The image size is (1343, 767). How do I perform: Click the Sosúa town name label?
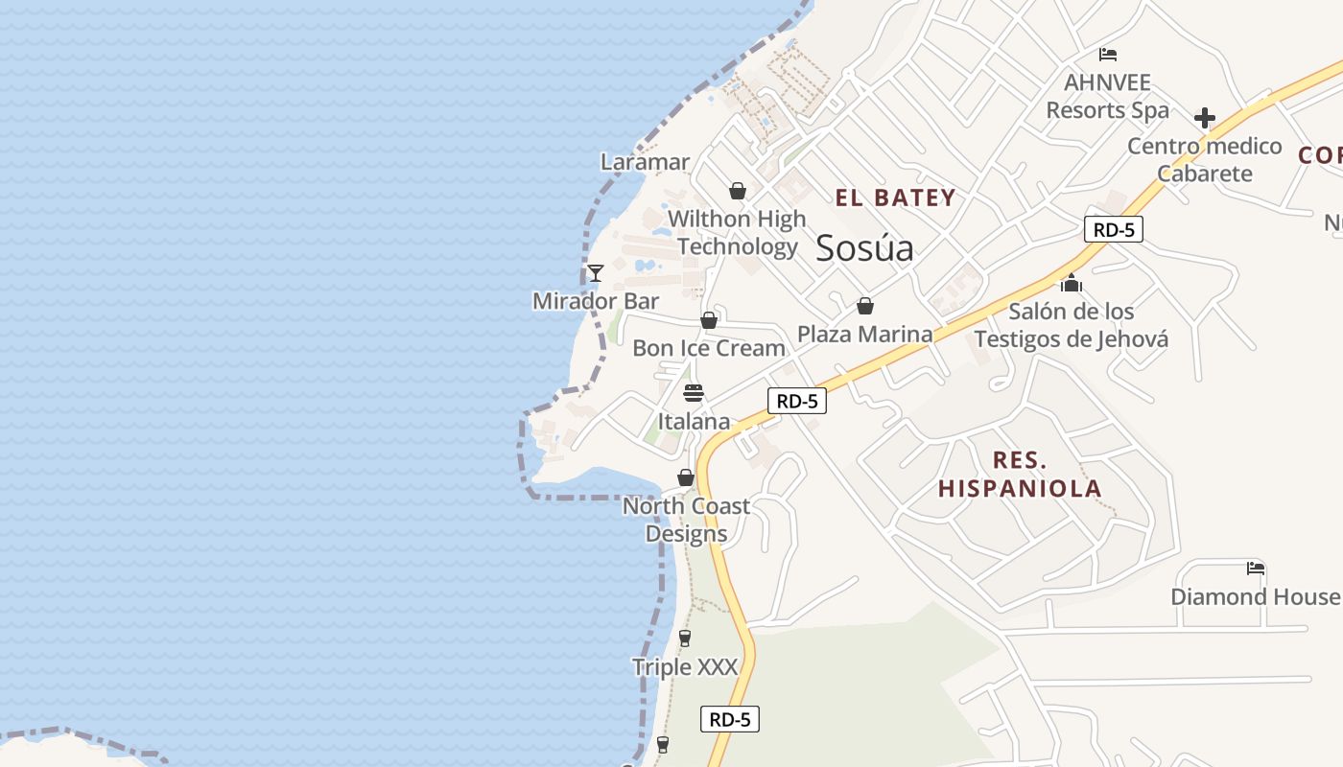[864, 249]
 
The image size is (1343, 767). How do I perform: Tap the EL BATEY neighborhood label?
[895, 198]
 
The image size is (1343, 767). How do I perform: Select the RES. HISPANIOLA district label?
[1020, 475]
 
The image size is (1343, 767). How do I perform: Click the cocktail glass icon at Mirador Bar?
[596, 273]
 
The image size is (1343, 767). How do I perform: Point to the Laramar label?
[645, 162]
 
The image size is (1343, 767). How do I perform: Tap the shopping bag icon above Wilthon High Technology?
[737, 191]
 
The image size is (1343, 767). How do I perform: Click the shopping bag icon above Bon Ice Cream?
[709, 320]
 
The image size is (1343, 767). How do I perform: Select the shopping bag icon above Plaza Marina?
[865, 306]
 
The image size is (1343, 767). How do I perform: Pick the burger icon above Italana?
[694, 393]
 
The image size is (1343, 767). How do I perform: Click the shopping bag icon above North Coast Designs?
[686, 477]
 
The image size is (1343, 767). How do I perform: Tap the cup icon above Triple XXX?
[685, 639]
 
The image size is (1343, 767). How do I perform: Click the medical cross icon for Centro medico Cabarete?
[1205, 118]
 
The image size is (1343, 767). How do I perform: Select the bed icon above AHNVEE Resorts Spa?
[1108, 55]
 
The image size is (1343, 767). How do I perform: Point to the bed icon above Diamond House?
[1255, 569]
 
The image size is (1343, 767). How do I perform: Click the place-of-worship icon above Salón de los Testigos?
[1072, 283]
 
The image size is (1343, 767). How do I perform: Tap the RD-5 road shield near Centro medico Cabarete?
[1114, 229]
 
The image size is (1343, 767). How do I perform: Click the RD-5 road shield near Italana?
[796, 401]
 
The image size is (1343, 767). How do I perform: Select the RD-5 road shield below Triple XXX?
[730, 719]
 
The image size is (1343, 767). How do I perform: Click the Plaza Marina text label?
[865, 334]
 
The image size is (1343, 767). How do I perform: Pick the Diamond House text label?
[1255, 596]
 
